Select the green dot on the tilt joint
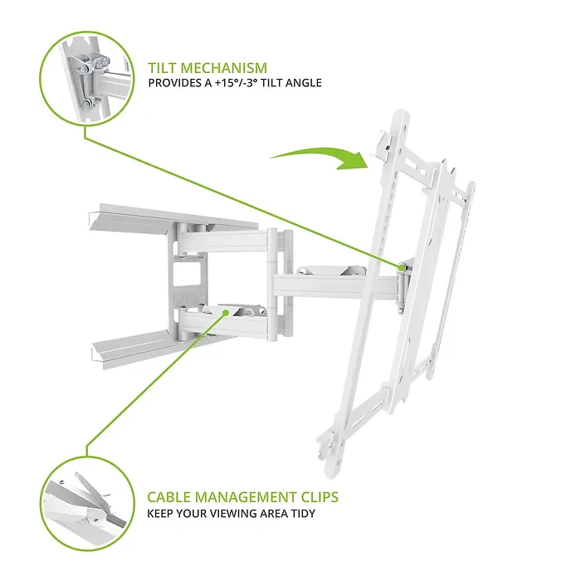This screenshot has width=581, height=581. coord(401,267)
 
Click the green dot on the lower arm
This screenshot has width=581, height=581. coord(226,313)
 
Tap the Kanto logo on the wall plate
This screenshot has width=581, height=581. coord(187,295)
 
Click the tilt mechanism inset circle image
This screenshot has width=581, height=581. coord(86,78)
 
